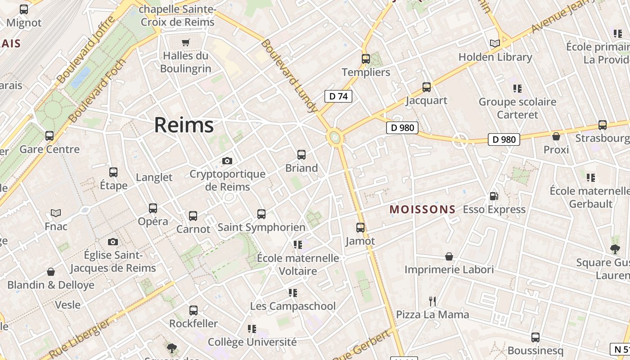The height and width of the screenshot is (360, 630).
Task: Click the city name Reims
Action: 184,125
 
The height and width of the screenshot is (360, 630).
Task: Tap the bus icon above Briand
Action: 301,155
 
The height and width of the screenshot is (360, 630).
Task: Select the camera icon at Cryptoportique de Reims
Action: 227,161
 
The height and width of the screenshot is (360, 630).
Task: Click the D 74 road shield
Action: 338,96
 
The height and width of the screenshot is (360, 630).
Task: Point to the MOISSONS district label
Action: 423,209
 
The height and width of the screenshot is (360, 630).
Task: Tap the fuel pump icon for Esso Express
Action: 494,196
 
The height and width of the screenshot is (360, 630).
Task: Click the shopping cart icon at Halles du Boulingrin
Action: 185,43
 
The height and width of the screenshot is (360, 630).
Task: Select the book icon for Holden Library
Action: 495,44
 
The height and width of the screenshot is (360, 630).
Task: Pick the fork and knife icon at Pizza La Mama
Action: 432,301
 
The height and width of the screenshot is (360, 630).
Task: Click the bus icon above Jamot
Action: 360,228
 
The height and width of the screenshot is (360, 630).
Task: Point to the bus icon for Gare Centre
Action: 49,136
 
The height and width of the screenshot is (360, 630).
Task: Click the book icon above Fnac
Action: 56,213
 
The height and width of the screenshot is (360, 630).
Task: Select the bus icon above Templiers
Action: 366,59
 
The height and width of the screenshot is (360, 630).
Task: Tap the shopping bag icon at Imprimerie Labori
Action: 449,256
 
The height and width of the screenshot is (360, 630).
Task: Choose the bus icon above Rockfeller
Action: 193,310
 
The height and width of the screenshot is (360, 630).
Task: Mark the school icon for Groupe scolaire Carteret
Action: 517,89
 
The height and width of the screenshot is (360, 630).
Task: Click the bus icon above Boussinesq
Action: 535,337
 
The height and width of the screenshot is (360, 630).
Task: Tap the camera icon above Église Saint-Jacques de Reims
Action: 113,242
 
